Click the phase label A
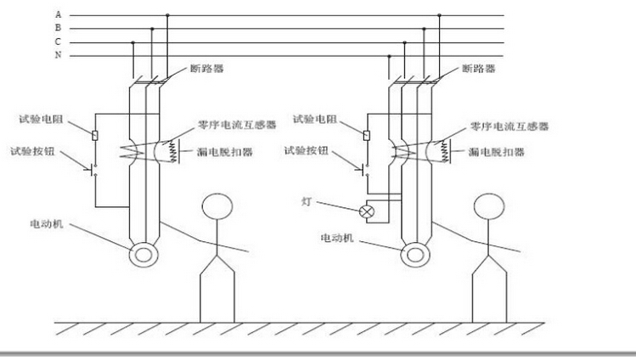tap(59, 14)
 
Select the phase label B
tap(59, 27)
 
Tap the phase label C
tap(59, 42)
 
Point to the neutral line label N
tap(59, 54)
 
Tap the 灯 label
tap(307, 201)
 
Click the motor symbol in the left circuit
tap(144, 255)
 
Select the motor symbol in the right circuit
tap(415, 255)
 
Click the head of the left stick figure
tap(217, 206)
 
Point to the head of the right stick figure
tap(489, 206)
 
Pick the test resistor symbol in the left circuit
tap(95, 135)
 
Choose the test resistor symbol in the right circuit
tap(367, 135)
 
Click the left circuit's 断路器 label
tap(207, 69)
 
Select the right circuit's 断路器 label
tap(479, 69)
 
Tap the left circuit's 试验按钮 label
tap(32, 152)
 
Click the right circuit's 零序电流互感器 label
tap(509, 127)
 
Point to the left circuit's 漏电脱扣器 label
tap(225, 152)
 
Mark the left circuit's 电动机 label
tap(47, 224)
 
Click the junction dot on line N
tap(389, 56)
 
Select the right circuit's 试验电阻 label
tap(315, 119)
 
